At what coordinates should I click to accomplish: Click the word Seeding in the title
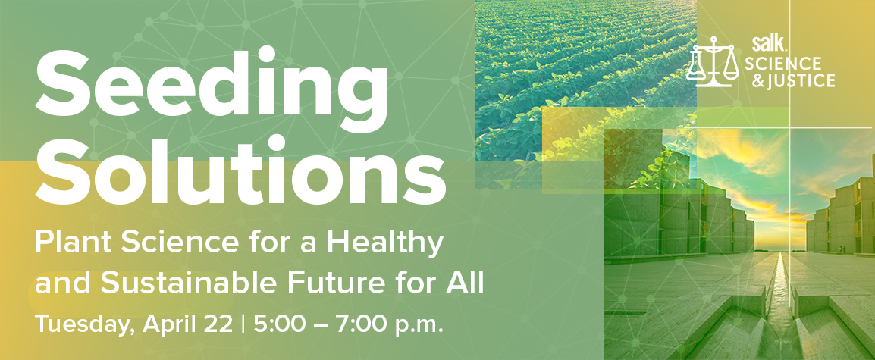(212, 90)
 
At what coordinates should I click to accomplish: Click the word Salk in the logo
(762, 43)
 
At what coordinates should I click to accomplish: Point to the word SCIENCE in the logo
(783, 64)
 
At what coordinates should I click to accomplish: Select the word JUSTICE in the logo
(798, 81)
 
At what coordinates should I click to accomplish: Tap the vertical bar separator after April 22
(243, 325)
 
